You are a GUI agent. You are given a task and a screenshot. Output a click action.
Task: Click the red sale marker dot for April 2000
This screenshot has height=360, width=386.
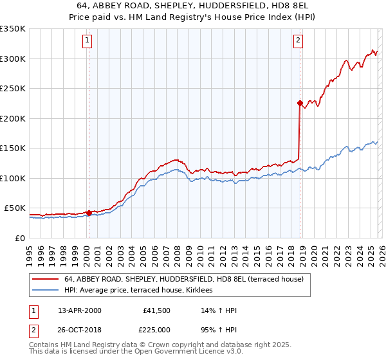click(x=88, y=213)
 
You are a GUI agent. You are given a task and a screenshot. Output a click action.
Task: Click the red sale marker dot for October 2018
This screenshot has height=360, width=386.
click(x=299, y=103)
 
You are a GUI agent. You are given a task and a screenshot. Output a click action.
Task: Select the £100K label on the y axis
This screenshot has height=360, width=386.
click(x=13, y=178)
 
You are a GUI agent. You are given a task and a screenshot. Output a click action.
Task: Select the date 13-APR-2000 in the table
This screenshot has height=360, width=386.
click(x=80, y=311)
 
